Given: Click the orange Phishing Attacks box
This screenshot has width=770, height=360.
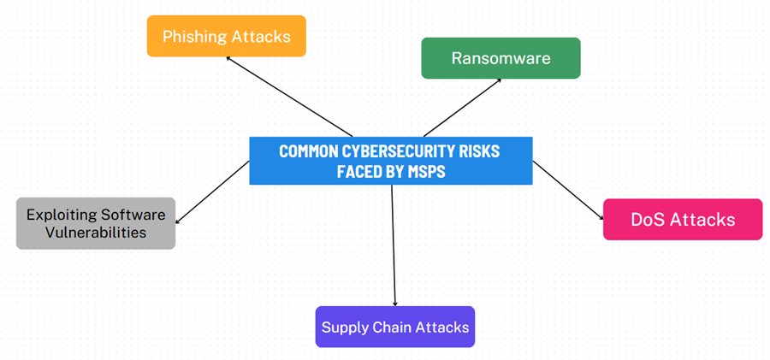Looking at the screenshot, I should tap(226, 36).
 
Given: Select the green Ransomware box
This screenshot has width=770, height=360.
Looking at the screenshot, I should tap(500, 58).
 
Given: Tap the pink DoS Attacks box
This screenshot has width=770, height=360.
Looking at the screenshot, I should tap(682, 220).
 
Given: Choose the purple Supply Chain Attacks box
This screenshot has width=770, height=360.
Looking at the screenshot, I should tap(394, 327).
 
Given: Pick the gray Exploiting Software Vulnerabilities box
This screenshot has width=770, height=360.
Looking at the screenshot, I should tap(95, 223).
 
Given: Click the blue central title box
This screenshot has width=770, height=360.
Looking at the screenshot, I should tap(390, 161).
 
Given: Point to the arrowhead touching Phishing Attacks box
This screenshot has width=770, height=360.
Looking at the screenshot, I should tap(229, 59).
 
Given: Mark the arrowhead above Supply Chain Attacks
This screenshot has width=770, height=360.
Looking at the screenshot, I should tap(395, 302).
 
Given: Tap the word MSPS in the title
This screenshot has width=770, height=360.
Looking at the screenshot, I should tap(425, 170).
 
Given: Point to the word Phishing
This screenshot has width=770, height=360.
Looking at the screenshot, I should tap(195, 36).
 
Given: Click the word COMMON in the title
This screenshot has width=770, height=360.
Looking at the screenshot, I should tap(308, 151).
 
